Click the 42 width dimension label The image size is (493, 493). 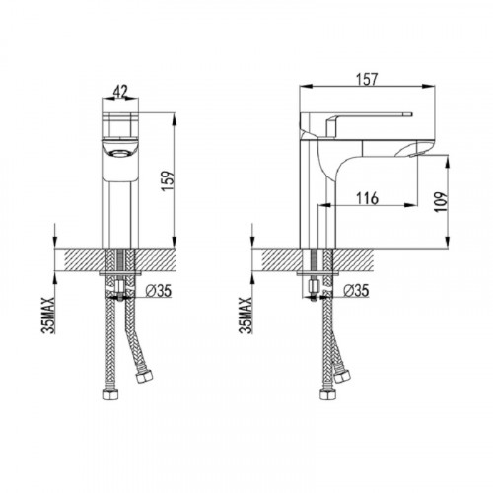click(x=120, y=91)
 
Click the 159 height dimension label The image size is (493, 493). click(x=168, y=180)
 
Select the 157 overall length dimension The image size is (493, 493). click(x=367, y=79)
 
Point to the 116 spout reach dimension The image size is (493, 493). click(x=368, y=198)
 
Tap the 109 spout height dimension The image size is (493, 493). click(x=441, y=202)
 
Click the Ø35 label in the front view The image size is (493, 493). click(x=159, y=291)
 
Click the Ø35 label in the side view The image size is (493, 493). click(x=356, y=290)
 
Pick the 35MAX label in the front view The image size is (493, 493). click(x=48, y=316)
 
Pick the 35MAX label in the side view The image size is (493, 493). click(x=246, y=316)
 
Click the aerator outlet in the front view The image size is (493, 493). click(x=120, y=153)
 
